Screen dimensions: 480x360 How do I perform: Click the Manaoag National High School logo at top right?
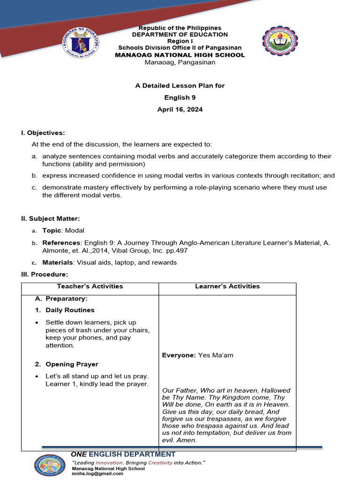pyautogui.click(x=280, y=41)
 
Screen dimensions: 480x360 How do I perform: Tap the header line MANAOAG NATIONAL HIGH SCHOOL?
pyautogui.click(x=180, y=55)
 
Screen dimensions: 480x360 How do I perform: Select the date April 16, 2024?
pyautogui.click(x=180, y=110)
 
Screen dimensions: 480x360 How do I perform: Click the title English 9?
pyautogui.click(x=180, y=97)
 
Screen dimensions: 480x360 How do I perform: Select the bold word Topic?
pyautogui.click(x=52, y=231)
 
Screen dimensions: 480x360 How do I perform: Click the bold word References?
pyautogui.click(x=61, y=243)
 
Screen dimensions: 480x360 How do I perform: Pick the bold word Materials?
pyautogui.click(x=58, y=262)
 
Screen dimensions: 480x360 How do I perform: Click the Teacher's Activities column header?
pyautogui.click(x=90, y=286)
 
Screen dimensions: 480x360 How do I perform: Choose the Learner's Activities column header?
pyautogui.click(x=227, y=286)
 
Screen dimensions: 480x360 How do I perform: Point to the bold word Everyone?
pyautogui.click(x=179, y=355)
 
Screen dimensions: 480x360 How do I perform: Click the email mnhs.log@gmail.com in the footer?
pyautogui.click(x=97, y=473)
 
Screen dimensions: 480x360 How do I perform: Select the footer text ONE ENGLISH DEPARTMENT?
pyautogui.click(x=123, y=454)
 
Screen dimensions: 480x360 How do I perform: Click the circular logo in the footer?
pyautogui.click(x=50, y=465)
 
